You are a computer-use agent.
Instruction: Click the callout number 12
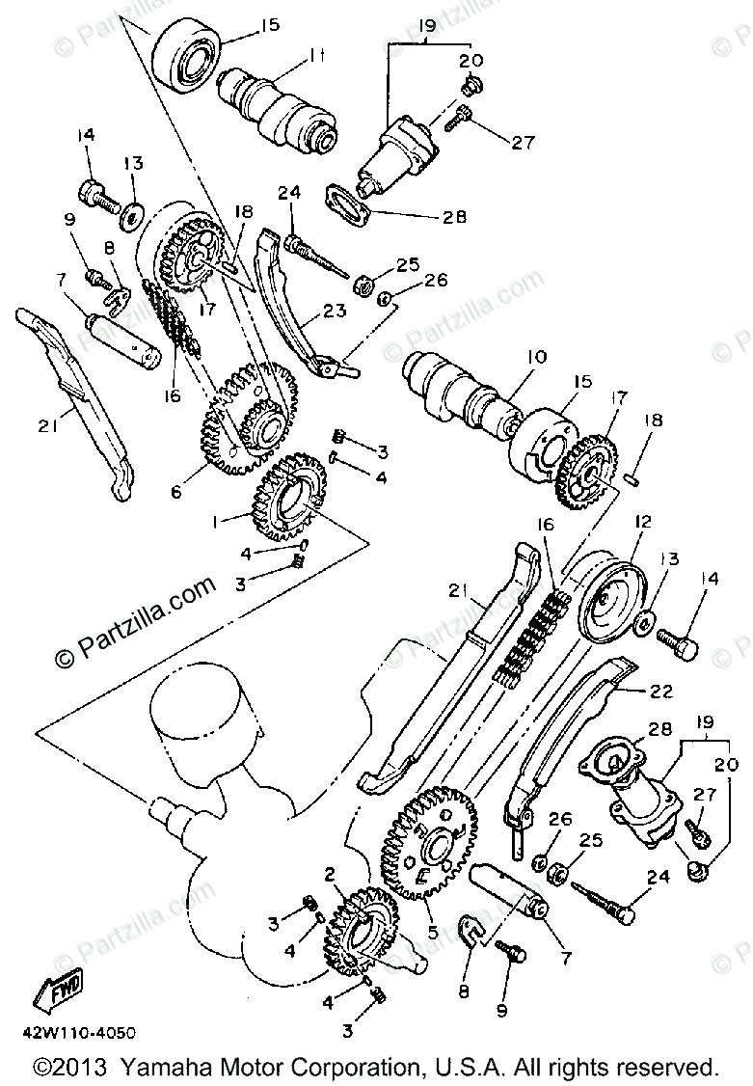tap(643, 522)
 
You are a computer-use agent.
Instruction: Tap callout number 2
tap(331, 875)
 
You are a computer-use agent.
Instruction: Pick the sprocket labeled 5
tap(434, 839)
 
